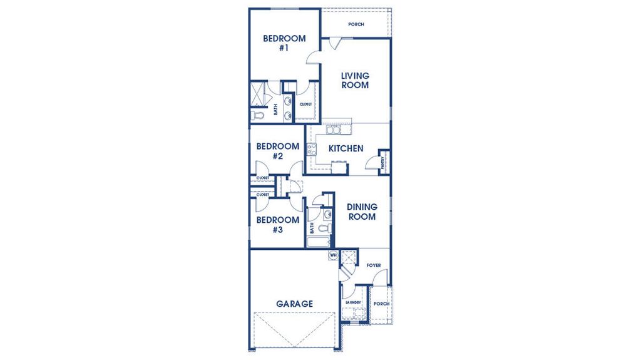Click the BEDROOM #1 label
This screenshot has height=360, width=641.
click(284, 43)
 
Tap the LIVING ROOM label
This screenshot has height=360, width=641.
click(355, 80)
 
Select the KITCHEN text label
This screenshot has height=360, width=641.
click(346, 148)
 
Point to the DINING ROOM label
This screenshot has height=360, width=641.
click(362, 212)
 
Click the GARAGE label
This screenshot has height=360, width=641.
click(294, 304)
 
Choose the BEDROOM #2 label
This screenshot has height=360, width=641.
click(277, 152)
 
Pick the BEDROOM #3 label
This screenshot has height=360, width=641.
click(277, 225)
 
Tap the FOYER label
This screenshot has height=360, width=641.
click(374, 265)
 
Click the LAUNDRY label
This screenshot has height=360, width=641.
click(354, 302)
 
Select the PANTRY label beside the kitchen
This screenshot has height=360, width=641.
click(383, 162)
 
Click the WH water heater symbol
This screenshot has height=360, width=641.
click(333, 255)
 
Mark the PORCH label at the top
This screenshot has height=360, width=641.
click(356, 24)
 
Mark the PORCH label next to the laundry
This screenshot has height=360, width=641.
click(381, 304)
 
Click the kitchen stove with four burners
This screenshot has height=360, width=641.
click(311, 149)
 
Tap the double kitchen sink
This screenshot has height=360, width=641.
click(334, 130)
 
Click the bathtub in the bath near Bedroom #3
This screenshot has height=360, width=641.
click(320, 241)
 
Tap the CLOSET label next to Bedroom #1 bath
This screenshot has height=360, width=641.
click(305, 105)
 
